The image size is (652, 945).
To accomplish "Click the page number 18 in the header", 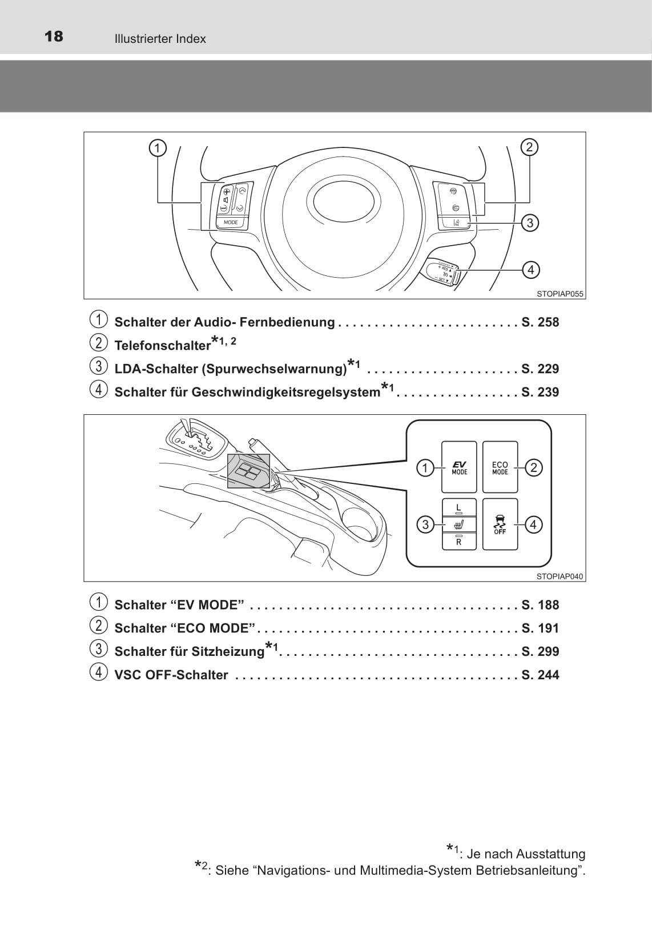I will [x=54, y=37].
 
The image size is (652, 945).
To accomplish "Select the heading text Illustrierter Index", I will [x=160, y=39].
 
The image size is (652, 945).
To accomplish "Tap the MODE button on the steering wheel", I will [x=231, y=222].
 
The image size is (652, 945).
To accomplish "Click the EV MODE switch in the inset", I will [x=459, y=467].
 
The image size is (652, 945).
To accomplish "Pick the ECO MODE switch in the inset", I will [x=500, y=467].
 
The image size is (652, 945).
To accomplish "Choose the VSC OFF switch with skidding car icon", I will [x=500, y=524].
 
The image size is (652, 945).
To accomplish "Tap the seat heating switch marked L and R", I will [x=459, y=524].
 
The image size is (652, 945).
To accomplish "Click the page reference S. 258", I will [x=540, y=322].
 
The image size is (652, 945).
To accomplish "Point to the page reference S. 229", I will [x=540, y=369].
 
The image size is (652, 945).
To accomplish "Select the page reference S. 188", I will [x=540, y=605].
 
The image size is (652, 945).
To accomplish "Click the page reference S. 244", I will [x=540, y=675].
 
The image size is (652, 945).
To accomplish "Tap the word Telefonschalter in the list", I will [x=163, y=346].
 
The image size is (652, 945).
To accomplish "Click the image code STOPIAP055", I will [x=560, y=294].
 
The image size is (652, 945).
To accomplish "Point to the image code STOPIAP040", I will [x=560, y=576].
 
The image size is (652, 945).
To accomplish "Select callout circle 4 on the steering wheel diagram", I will [x=530, y=269].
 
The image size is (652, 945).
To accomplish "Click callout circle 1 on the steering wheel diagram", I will [x=157, y=148].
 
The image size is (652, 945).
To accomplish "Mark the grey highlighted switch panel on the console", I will [x=248, y=471].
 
